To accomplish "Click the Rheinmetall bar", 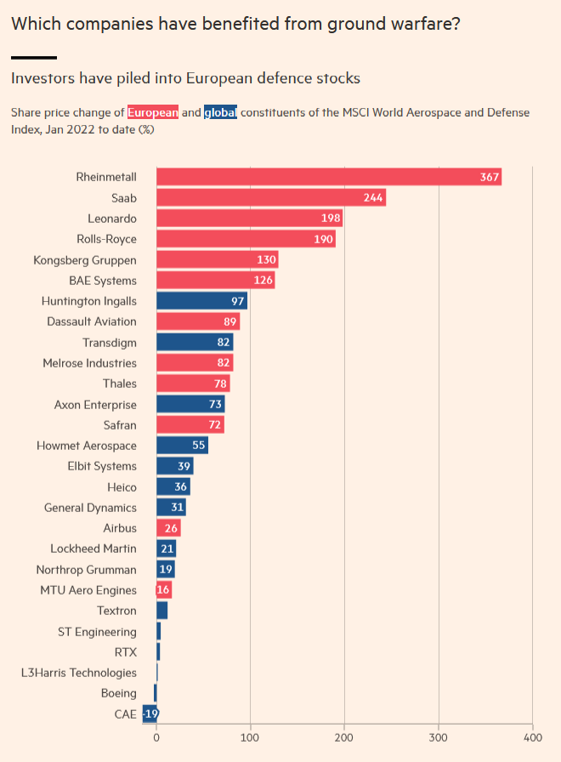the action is click(x=329, y=177).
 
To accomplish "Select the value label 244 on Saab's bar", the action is click(x=373, y=198).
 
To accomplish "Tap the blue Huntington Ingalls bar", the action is click(x=201, y=301).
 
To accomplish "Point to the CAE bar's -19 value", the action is click(x=151, y=714).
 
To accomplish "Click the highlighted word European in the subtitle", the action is click(x=153, y=112).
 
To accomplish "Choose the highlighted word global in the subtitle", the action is click(x=220, y=112).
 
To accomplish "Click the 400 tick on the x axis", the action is click(x=532, y=737).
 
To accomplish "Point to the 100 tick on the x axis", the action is click(x=250, y=737).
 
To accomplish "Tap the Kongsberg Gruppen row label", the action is click(x=85, y=260).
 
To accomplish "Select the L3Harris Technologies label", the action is click(x=79, y=673).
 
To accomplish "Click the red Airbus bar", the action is click(x=168, y=528).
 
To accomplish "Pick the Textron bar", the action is click(x=161, y=611).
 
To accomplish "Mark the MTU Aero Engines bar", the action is click(x=164, y=590).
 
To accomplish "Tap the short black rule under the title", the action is click(x=34, y=58).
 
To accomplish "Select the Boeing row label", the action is click(x=118, y=693).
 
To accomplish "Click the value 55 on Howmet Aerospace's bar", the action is click(x=198, y=445).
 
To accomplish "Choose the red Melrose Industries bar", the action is click(x=195, y=362).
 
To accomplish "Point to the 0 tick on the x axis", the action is click(x=156, y=737).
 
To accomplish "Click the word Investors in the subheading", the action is click(x=42, y=78).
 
